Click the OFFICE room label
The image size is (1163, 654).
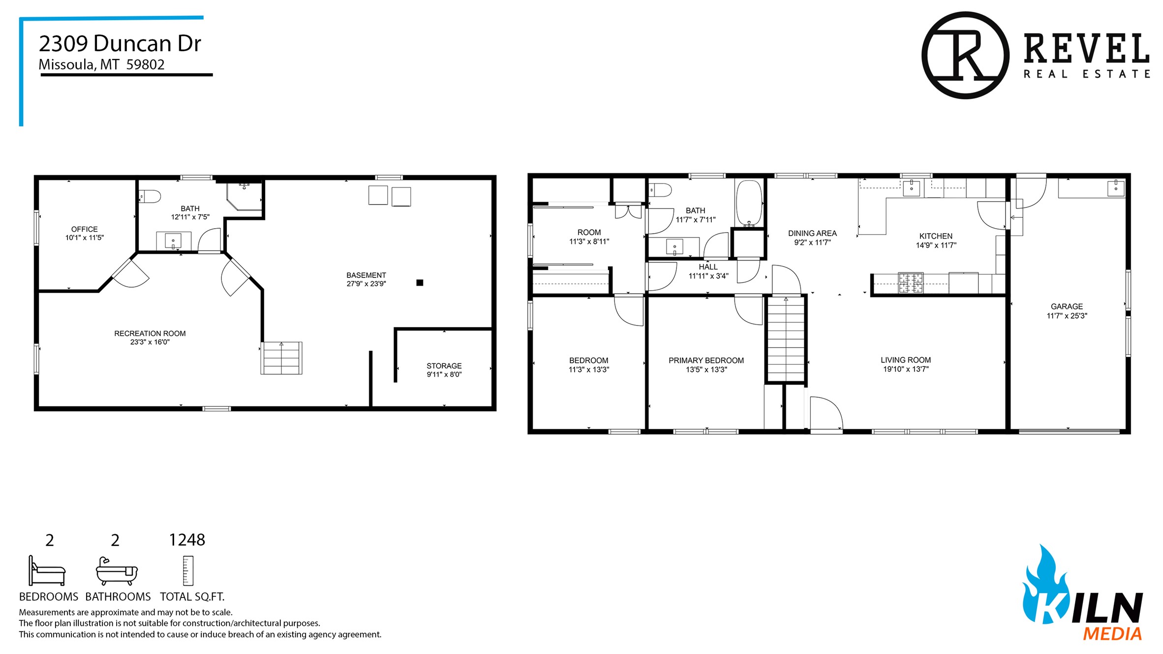tap(84, 229)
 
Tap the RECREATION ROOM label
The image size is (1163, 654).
tap(150, 333)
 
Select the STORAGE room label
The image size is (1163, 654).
tap(444, 366)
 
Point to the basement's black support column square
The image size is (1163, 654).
tap(420, 282)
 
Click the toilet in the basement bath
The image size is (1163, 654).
tap(150, 197)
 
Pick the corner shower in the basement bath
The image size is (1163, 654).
tap(244, 196)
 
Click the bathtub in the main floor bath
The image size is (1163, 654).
tap(749, 203)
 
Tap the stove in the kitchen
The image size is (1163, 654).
tap(911, 283)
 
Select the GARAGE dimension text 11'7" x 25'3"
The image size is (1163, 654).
tap(1067, 316)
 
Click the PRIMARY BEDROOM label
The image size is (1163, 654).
tap(706, 360)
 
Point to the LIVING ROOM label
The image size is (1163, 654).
tap(906, 360)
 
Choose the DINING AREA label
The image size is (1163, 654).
tap(812, 233)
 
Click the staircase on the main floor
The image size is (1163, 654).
tap(786, 339)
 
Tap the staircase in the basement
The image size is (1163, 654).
tap(281, 358)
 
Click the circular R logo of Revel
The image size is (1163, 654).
tap(965, 55)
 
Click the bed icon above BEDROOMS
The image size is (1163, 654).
tap(47, 571)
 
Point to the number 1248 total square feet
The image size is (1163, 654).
tap(187, 540)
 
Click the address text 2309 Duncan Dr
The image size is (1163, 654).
tap(120, 43)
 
